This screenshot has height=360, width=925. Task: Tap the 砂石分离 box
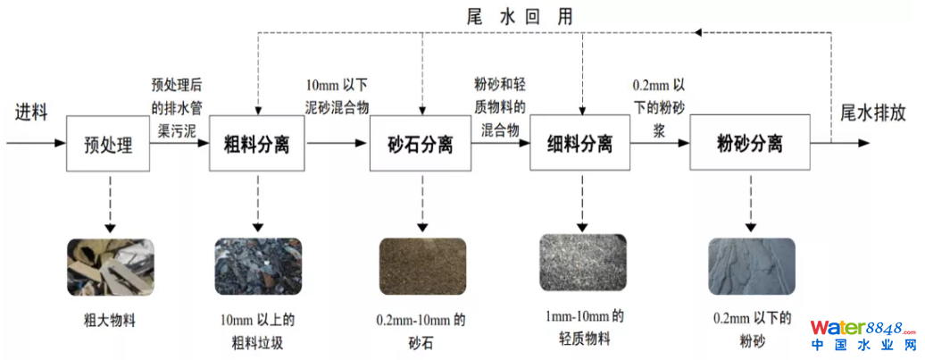coord(420,144)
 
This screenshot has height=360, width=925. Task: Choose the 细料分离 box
coord(580,144)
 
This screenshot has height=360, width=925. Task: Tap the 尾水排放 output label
coord(875,113)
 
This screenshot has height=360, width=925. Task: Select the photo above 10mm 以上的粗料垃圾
coord(258,267)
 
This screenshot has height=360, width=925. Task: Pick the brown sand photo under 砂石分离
coord(420,267)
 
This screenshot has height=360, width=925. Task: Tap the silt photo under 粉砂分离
coord(748,267)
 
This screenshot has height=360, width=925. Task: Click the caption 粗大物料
coord(110,319)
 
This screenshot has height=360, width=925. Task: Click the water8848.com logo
coord(863,332)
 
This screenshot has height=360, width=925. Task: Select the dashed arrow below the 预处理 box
coord(109,202)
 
